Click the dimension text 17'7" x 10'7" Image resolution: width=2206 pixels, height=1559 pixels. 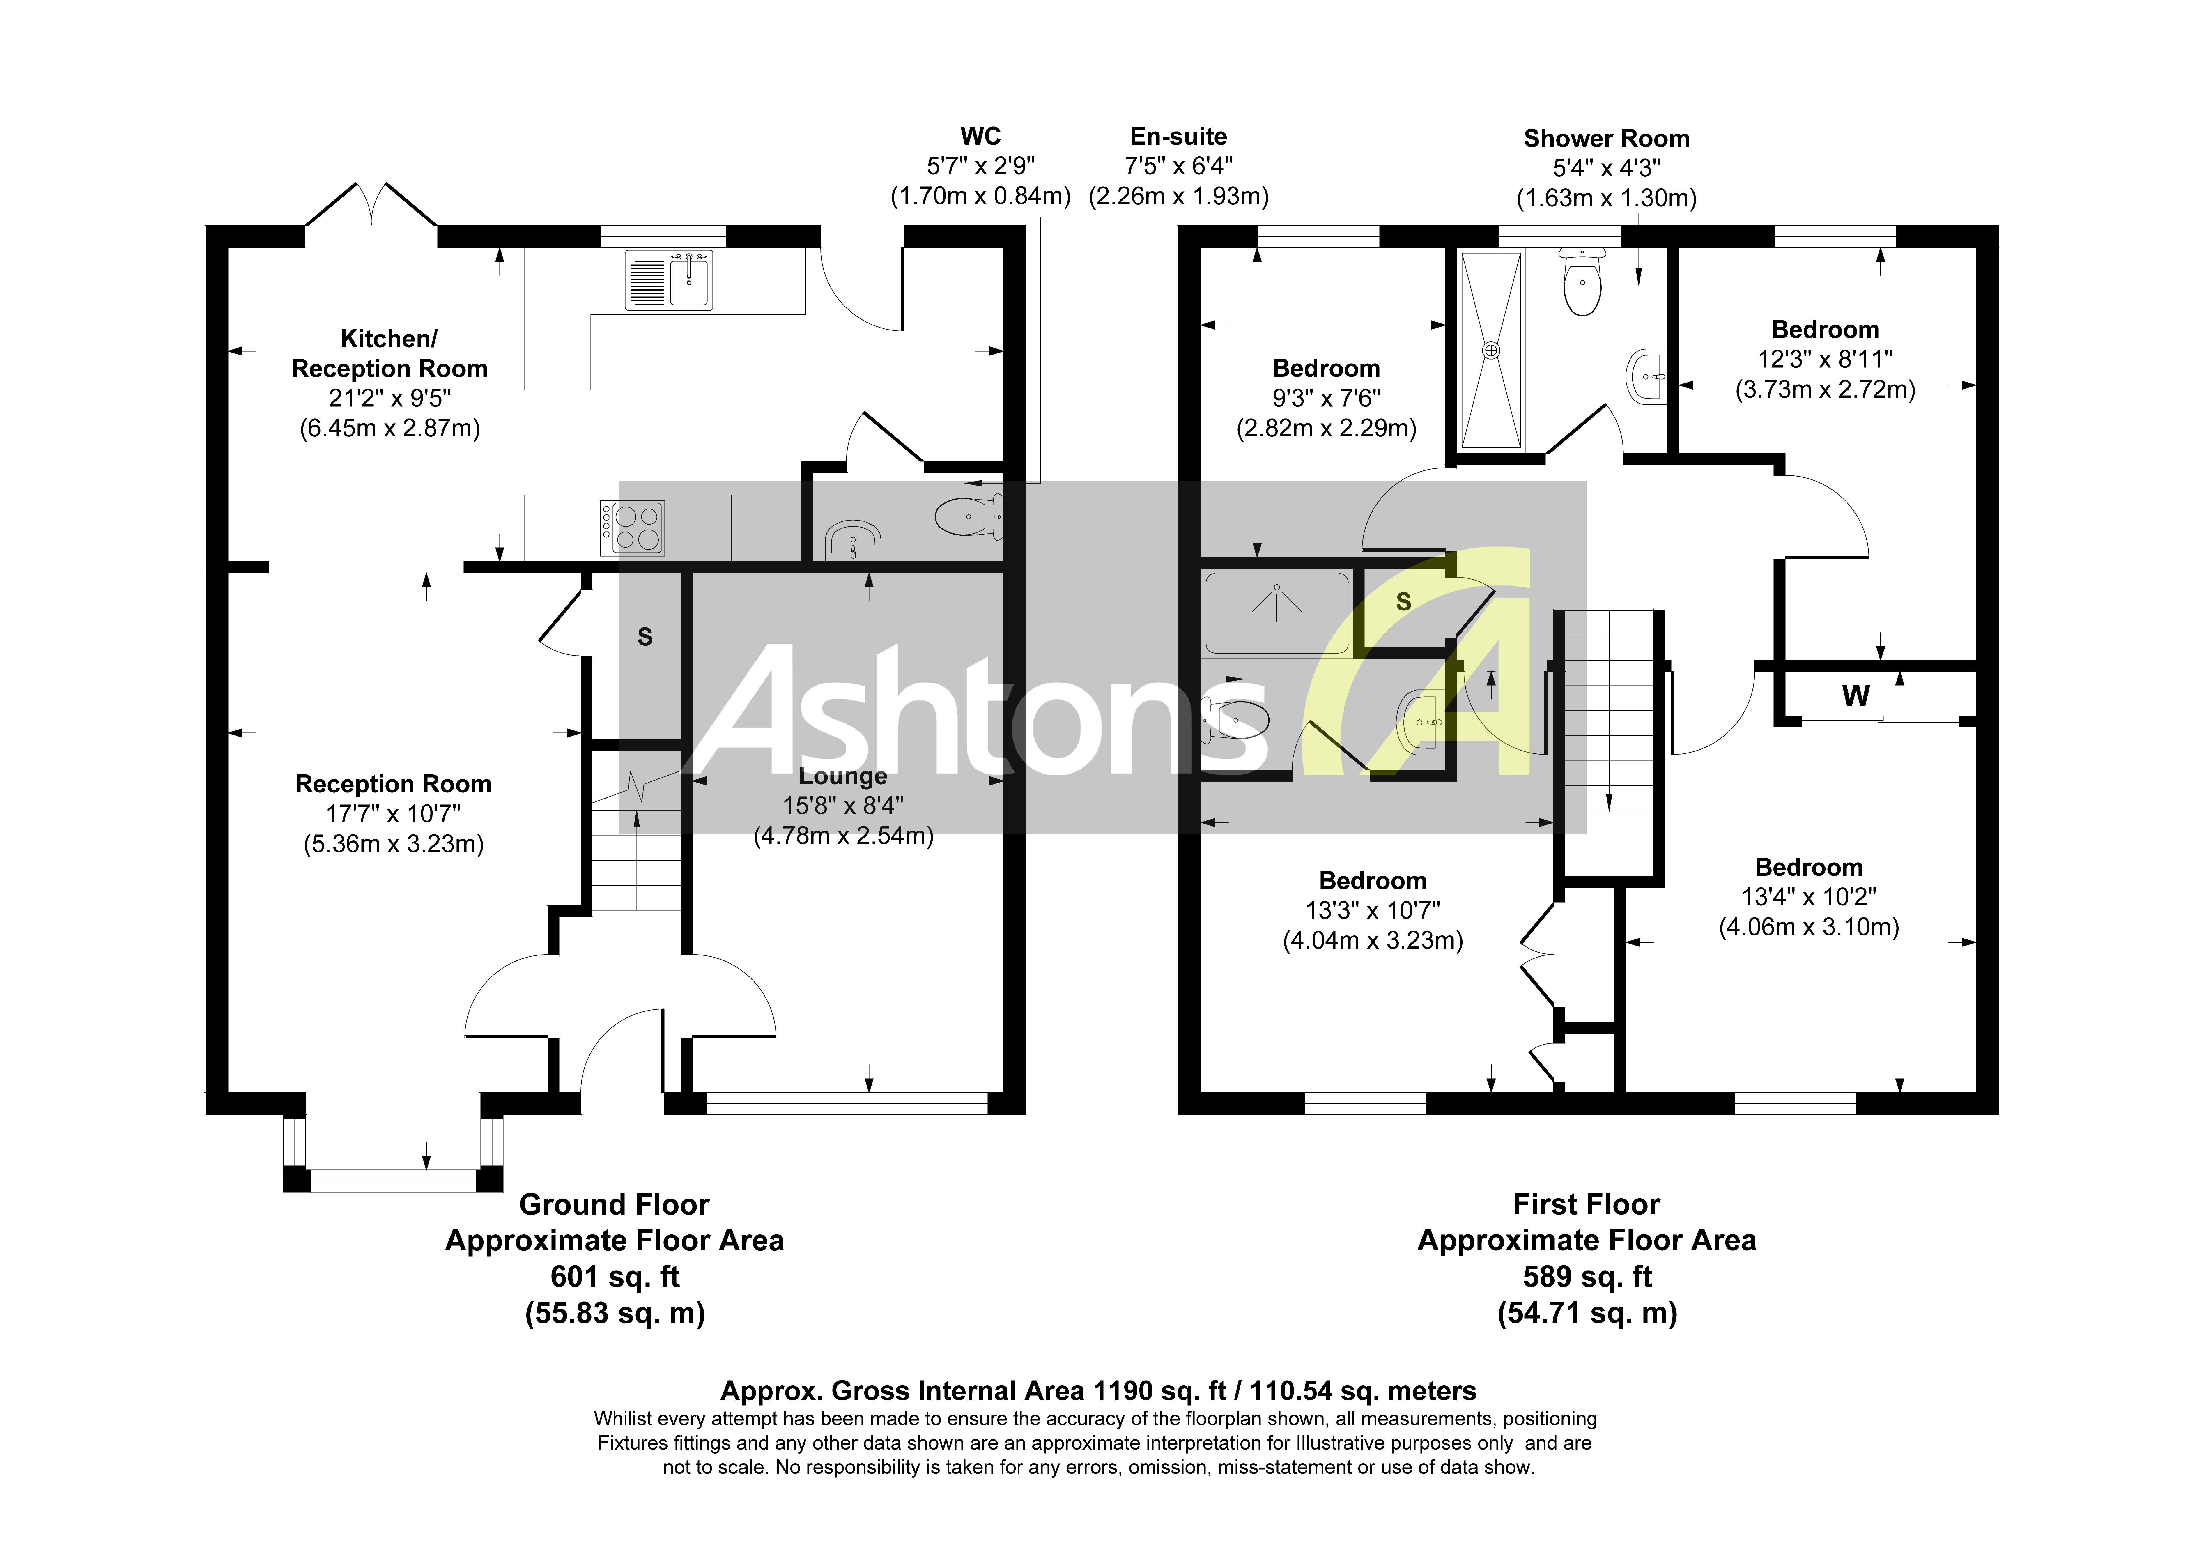pos(393,814)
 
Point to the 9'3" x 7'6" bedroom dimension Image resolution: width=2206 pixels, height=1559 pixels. pos(1326,398)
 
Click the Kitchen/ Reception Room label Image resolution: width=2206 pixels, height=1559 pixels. pos(389,354)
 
